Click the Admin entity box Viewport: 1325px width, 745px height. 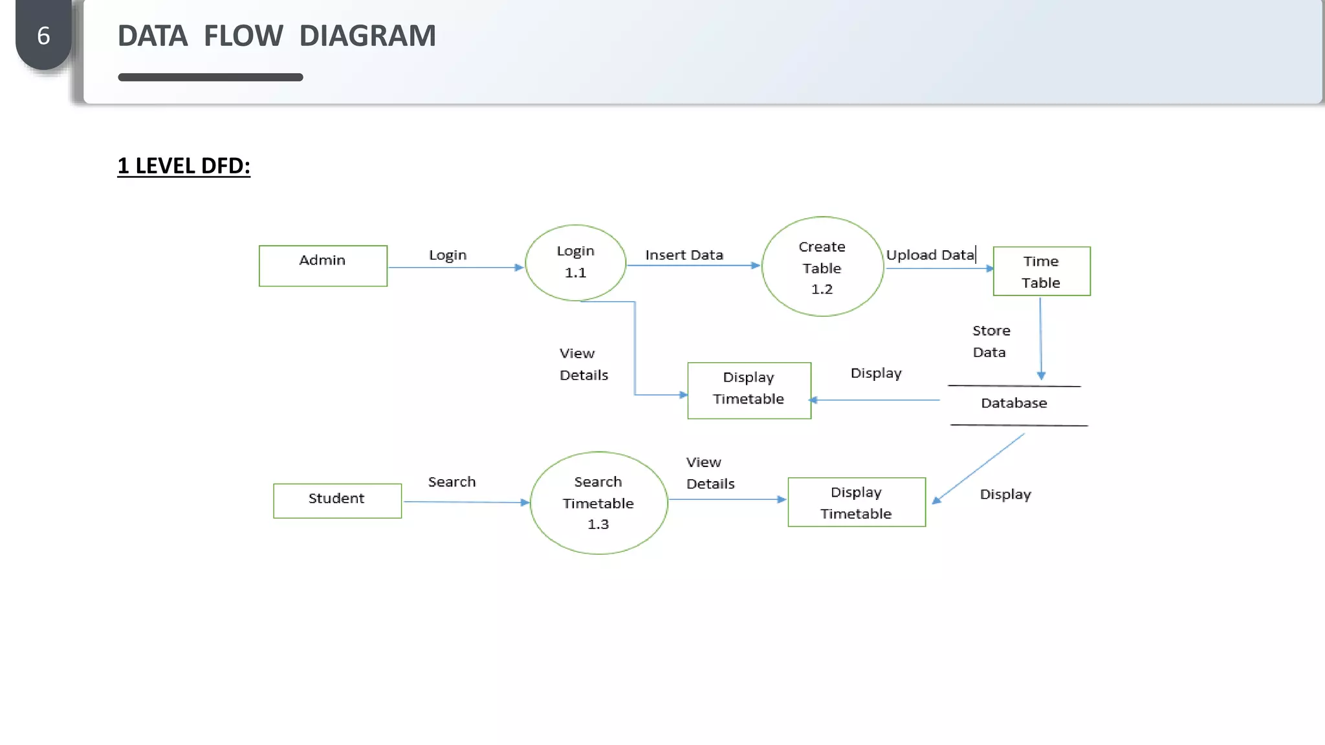tap(323, 265)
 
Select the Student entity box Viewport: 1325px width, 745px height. tap(337, 500)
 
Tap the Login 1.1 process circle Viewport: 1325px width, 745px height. tap(575, 263)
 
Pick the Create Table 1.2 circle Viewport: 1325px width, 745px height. tap(822, 266)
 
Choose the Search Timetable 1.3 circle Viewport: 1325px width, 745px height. tap(598, 502)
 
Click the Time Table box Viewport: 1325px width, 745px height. tap(1042, 272)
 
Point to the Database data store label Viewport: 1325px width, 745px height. tap(1014, 404)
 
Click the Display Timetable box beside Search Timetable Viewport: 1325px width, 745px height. tap(857, 502)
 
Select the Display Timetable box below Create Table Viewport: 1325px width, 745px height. tap(749, 390)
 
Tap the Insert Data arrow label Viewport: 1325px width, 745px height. tap(684, 255)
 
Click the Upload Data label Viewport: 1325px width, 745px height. tap(930, 255)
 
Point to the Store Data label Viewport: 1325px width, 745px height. tap(991, 341)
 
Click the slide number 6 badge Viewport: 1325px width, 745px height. tap(43, 36)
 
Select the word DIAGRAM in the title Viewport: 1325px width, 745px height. tap(367, 36)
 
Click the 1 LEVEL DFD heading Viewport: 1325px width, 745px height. tap(184, 166)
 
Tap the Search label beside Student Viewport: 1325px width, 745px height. tap(452, 482)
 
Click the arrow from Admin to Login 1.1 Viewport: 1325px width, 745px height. tap(455, 267)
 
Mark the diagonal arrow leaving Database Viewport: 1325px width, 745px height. tap(978, 468)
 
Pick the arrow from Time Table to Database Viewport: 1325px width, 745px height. tap(1040, 338)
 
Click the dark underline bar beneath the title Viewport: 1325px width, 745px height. tap(210, 77)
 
